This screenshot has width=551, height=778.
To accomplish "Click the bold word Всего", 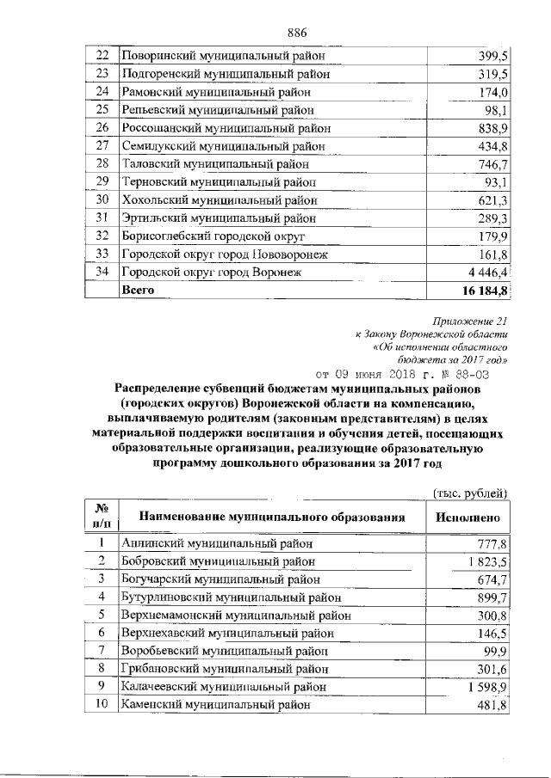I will (x=139, y=291).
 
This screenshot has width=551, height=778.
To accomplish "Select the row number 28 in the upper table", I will (x=101, y=163).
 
